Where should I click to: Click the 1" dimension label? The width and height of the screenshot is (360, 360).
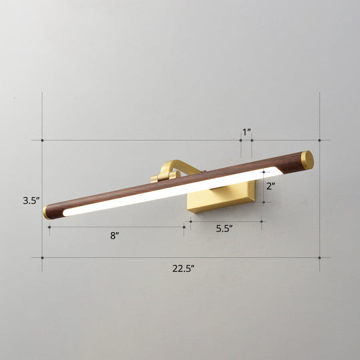(x=247, y=132)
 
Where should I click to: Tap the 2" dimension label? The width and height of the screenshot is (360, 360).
(x=270, y=187)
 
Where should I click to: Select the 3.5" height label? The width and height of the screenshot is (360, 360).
(x=31, y=200)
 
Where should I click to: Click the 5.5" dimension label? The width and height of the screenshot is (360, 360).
(x=224, y=228)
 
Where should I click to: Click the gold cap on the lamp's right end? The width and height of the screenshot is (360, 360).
(x=307, y=159)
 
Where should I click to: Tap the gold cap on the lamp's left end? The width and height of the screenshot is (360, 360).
(x=47, y=212)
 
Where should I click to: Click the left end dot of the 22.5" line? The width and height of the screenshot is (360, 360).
(x=43, y=258)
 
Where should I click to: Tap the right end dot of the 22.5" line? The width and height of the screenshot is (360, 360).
(x=319, y=258)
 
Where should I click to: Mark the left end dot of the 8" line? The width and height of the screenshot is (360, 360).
(x=49, y=227)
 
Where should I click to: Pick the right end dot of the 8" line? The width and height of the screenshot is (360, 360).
(x=184, y=227)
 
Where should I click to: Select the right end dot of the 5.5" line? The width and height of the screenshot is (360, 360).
(x=261, y=222)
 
